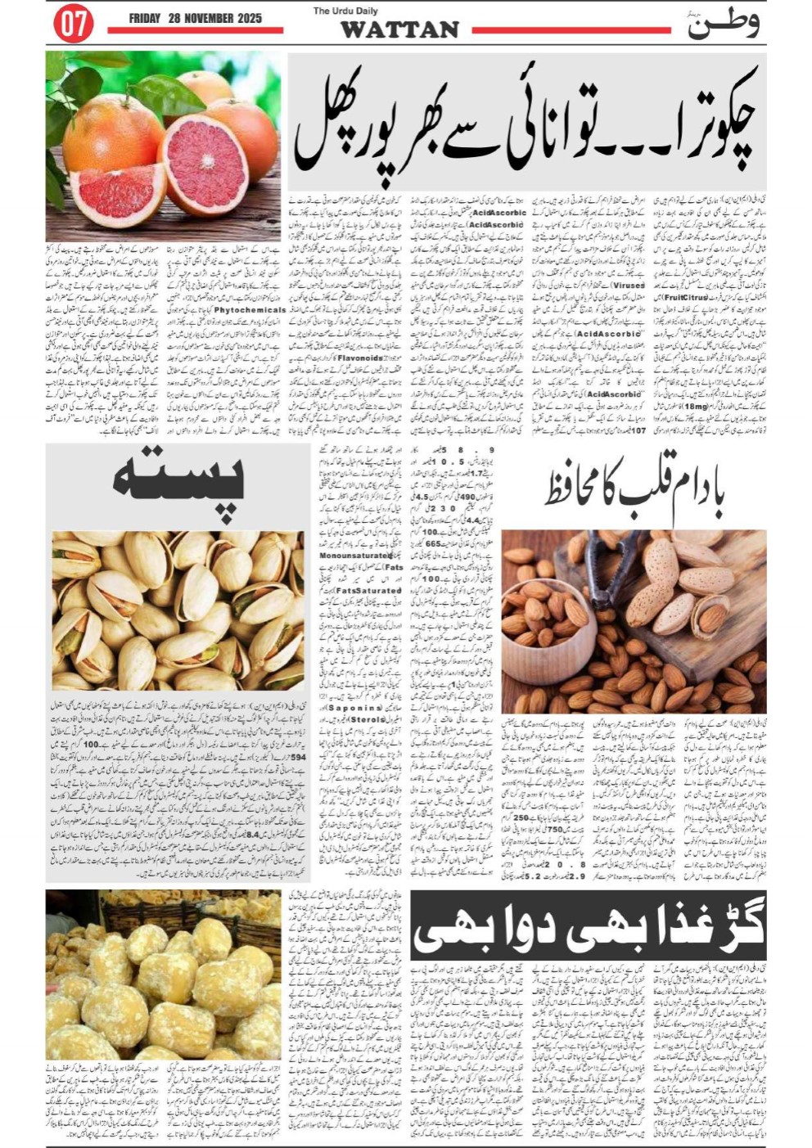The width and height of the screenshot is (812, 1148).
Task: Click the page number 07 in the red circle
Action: (x=74, y=24)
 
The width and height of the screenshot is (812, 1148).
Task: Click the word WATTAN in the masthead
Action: (x=399, y=29)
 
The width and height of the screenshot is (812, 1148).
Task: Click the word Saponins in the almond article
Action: (x=351, y=706)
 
